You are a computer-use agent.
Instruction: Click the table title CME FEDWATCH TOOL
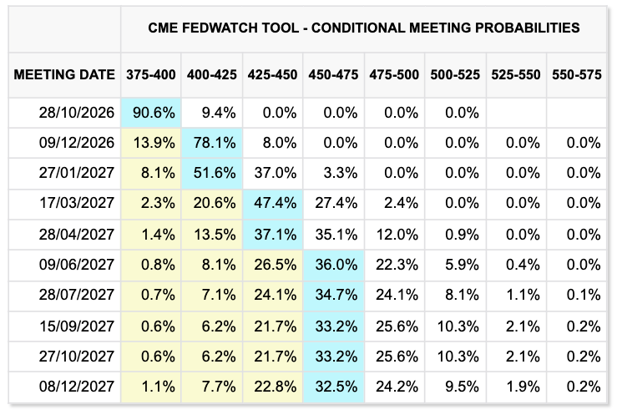click(224, 28)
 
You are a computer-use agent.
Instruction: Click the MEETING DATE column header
click(64, 74)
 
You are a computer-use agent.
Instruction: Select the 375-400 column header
click(151, 74)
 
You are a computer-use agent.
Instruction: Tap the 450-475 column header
click(333, 74)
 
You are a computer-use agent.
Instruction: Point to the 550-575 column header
click(576, 74)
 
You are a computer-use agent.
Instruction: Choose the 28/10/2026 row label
click(77, 113)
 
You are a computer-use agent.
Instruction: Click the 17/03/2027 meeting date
click(77, 203)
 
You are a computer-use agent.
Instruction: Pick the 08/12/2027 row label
click(77, 387)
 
